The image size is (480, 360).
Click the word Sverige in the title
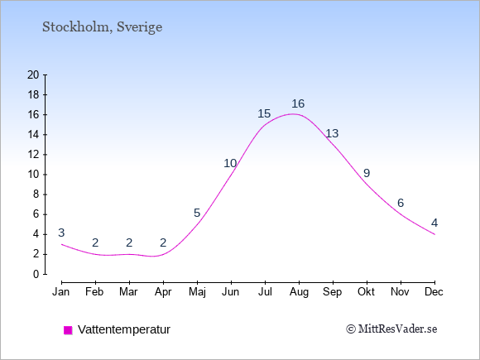tap(140, 27)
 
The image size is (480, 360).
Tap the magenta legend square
tap(68, 330)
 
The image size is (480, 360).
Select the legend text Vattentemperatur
tap(124, 329)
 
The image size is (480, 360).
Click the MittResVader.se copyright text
tap(391, 329)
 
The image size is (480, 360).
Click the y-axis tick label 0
tap(36, 274)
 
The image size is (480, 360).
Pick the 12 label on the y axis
tap(33, 154)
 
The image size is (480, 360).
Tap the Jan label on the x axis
tap(61, 292)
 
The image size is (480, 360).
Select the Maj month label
tap(197, 292)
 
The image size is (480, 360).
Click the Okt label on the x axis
tap(366, 292)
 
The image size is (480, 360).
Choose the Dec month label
tap(434, 292)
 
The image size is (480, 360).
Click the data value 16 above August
tap(298, 103)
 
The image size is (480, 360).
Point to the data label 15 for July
tap(264, 113)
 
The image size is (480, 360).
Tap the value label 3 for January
tap(61, 233)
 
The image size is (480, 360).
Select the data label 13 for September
tap(332, 133)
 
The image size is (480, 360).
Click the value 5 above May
tap(197, 213)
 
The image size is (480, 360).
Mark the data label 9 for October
tap(367, 173)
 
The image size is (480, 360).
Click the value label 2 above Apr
tap(163, 242)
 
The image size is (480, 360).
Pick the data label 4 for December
tap(434, 223)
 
